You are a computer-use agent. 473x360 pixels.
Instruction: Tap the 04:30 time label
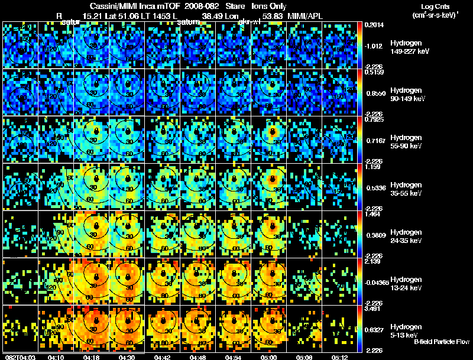click(127, 356)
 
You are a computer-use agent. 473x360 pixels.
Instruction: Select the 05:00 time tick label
click(270, 356)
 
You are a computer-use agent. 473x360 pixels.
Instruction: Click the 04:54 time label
click(234, 356)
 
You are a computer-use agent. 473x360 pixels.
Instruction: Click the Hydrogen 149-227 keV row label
click(408, 47)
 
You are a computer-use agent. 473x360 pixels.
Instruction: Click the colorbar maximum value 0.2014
click(375, 25)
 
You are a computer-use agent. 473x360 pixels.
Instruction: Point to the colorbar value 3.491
click(375, 309)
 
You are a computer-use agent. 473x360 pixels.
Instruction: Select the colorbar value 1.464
click(374, 215)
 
